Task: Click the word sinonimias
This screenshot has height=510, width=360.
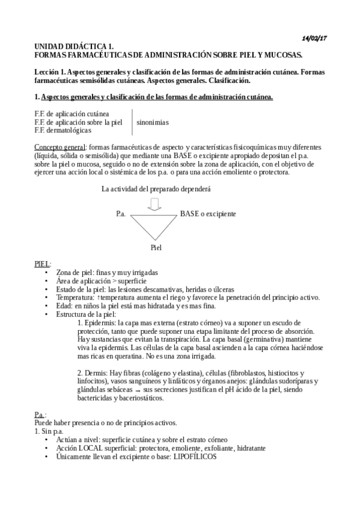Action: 153,122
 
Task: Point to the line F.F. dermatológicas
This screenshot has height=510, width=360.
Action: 63,130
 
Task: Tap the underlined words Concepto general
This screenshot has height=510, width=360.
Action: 59,147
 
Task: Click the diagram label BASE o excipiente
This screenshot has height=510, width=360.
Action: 208,214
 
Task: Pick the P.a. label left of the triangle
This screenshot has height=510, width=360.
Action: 121,214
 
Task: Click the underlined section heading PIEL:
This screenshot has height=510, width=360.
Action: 43,263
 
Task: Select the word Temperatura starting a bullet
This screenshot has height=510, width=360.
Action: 75,297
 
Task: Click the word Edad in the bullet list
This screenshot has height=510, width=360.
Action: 64,306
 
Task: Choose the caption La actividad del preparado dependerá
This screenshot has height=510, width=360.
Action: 156,189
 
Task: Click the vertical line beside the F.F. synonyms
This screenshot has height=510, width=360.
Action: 132,122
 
